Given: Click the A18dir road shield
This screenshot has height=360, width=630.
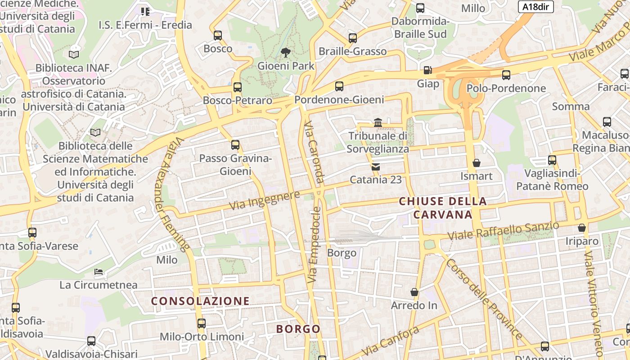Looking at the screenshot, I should pyautogui.click(x=535, y=7).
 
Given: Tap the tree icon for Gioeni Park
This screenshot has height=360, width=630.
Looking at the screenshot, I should pyautogui.click(x=285, y=53).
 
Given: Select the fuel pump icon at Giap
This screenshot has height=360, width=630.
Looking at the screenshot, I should pyautogui.click(x=427, y=70).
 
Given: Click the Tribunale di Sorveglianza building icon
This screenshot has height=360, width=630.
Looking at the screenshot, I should pyautogui.click(x=378, y=122).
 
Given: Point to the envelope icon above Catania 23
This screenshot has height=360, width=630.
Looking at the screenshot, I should pyautogui.click(x=376, y=167).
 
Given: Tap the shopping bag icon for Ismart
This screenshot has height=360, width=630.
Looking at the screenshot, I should pyautogui.click(x=477, y=163).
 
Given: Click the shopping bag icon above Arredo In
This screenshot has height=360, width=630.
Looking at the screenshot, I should pyautogui.click(x=414, y=292).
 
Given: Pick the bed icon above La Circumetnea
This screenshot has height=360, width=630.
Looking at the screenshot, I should pyautogui.click(x=99, y=272).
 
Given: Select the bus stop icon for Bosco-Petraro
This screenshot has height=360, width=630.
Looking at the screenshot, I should pyautogui.click(x=237, y=87).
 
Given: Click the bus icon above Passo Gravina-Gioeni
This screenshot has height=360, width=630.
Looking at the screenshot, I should pyautogui.click(x=235, y=145).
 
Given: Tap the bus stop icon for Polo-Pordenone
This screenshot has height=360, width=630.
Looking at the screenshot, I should pyautogui.click(x=506, y=75).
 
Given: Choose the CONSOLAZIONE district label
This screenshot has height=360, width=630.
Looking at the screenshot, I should pyautogui.click(x=200, y=301).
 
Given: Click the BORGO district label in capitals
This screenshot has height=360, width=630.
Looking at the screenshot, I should pyautogui.click(x=298, y=329).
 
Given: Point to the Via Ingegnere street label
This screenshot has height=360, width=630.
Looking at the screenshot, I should pyautogui.click(x=265, y=200).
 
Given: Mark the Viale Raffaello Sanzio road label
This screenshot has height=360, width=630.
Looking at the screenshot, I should pyautogui.click(x=503, y=231).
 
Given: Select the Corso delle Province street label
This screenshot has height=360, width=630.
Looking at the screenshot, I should pyautogui.click(x=484, y=299).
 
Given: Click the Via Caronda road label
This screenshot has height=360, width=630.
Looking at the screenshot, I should pyautogui.click(x=314, y=152).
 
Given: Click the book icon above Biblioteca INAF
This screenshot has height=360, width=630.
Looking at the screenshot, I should pyautogui.click(x=74, y=54).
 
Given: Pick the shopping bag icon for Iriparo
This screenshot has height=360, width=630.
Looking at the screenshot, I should pyautogui.click(x=582, y=228).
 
